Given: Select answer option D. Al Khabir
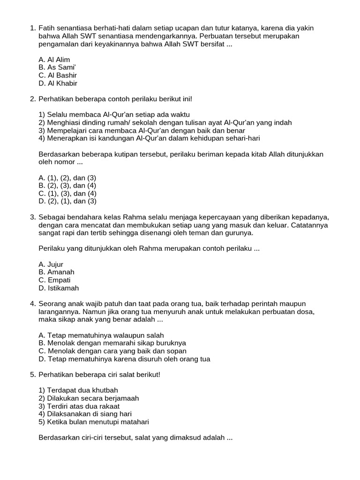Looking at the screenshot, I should [x=58, y=83].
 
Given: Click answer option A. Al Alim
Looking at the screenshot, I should [x=54, y=60].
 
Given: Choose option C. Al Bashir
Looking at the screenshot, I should [x=58, y=75].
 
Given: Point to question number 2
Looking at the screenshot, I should [x=32, y=99].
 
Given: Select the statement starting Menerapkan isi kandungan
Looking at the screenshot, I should [x=149, y=138].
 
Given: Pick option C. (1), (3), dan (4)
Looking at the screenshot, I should [x=67, y=194].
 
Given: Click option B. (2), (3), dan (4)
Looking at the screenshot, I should [x=67, y=186].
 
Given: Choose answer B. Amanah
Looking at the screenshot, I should [x=56, y=272].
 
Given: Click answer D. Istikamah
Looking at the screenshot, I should [x=59, y=288].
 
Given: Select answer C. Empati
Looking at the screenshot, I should [x=54, y=280].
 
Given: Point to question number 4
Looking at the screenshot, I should [x=32, y=304].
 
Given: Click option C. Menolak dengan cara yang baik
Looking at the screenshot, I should [x=112, y=351].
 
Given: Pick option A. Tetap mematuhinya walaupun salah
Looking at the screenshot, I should [x=101, y=335].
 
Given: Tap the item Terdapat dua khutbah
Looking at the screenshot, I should [x=78, y=390].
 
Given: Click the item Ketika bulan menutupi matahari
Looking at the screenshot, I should [x=94, y=422].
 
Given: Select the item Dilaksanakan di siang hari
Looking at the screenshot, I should [x=85, y=414].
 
